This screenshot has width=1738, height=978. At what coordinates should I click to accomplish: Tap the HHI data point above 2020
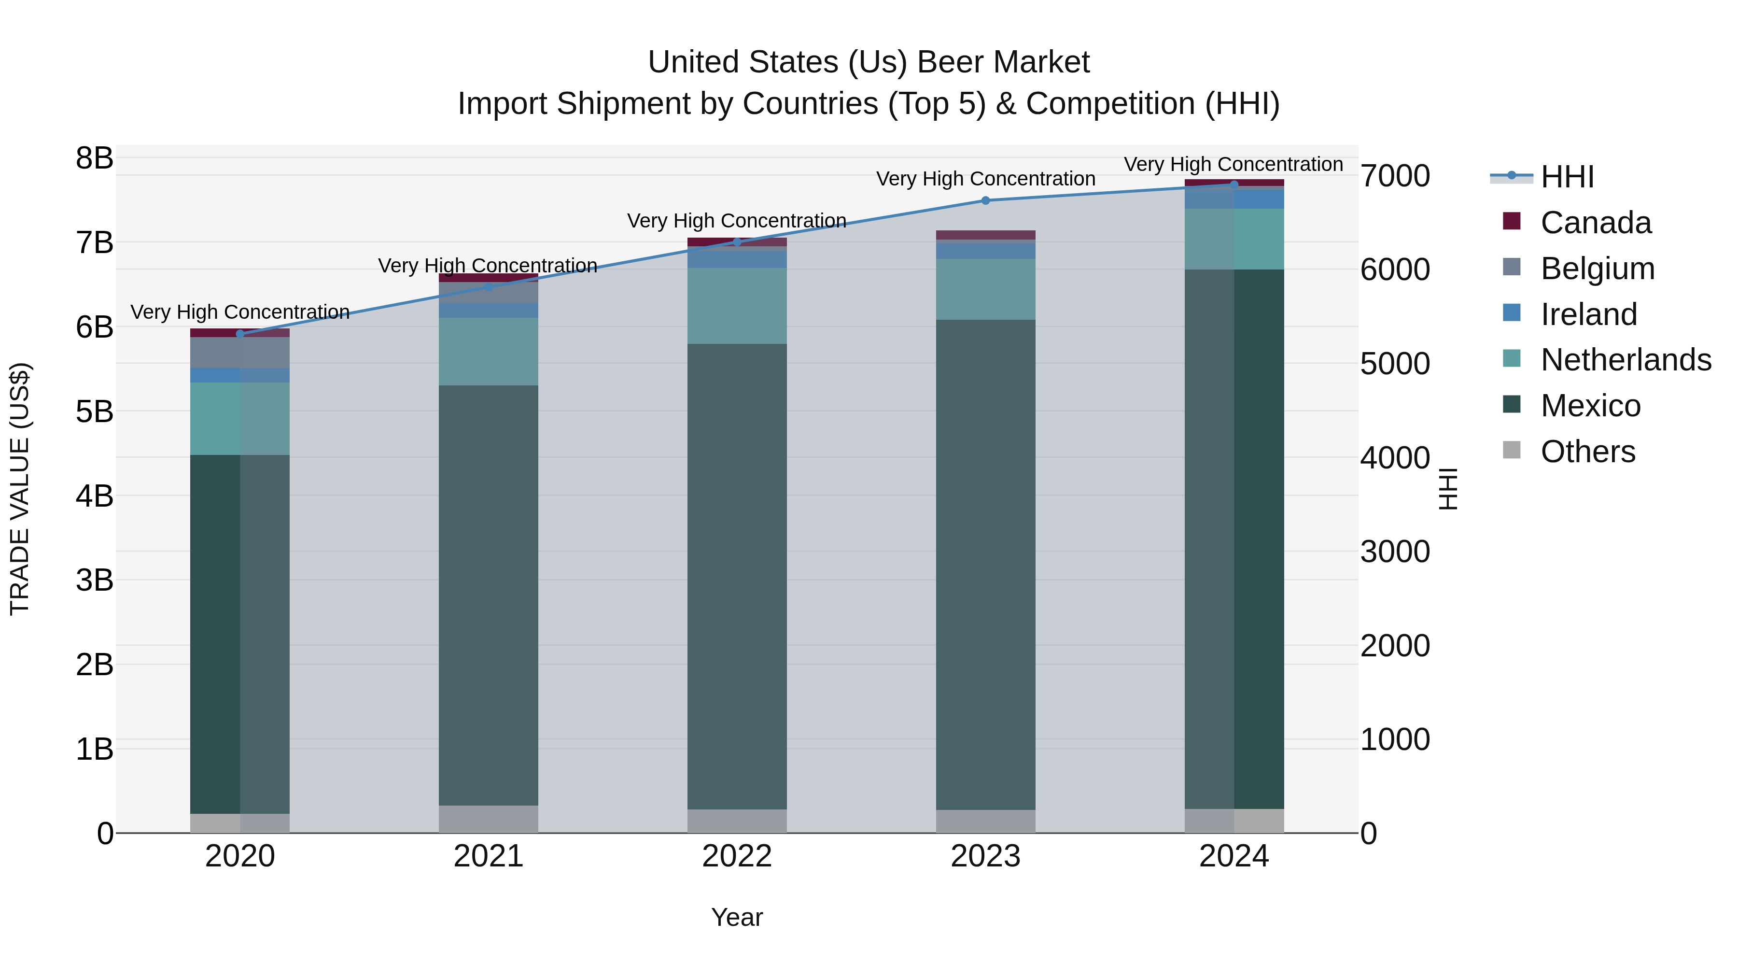tap(240, 333)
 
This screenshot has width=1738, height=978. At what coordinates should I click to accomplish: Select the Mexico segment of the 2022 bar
tap(737, 577)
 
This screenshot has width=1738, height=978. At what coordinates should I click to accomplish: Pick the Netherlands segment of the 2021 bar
tap(489, 352)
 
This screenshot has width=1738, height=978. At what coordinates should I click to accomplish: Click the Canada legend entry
tap(1596, 223)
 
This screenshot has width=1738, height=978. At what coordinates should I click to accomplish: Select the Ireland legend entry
tap(1588, 314)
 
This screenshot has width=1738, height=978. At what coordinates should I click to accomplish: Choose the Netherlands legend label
tap(1626, 360)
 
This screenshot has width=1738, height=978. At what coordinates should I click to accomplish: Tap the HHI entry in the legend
tap(1567, 177)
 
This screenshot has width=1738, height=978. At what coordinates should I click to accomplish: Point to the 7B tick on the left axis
tap(95, 243)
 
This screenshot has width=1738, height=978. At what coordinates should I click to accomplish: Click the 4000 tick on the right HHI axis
tap(1395, 458)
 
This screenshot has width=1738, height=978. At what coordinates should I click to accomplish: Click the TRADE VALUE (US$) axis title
tap(20, 489)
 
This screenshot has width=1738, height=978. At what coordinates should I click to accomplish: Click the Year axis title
tap(737, 917)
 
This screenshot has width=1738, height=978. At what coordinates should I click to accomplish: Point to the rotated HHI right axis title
tap(1448, 489)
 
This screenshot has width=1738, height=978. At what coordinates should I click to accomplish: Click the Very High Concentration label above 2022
tap(737, 221)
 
